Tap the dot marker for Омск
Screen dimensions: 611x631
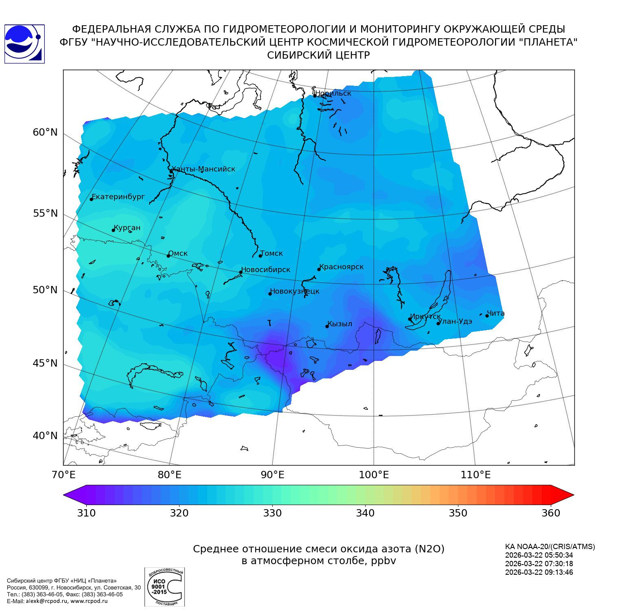168,256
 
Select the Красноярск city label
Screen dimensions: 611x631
341,267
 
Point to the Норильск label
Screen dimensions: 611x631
333,93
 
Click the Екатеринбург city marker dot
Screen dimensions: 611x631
92,199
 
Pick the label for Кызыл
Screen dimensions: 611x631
340,324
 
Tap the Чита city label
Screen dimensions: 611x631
495,313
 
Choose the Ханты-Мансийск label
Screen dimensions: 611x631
203,169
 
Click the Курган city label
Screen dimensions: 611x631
127,228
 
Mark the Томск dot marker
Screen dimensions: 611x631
260,256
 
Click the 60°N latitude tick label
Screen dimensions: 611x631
45,132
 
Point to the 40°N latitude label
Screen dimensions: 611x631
45,436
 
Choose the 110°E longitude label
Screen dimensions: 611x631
475,475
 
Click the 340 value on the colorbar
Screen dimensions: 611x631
365,513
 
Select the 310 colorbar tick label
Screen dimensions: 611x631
86,513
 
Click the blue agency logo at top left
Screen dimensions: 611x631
24,44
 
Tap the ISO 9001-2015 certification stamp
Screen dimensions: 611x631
164,587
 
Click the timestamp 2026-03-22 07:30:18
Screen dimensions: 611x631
539,564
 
